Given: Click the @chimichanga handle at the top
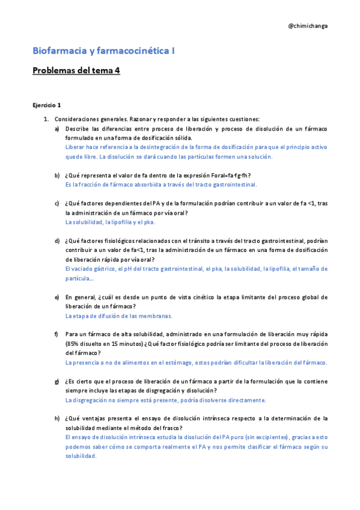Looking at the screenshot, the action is pyautogui.click(x=308, y=26).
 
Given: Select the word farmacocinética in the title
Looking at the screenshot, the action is pyautogui.click(x=133, y=51).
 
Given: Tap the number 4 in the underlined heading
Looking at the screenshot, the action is pyautogui.click(x=117, y=70).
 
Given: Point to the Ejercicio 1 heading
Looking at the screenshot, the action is pyautogui.click(x=47, y=105).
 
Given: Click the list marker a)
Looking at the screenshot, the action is pyautogui.click(x=57, y=129).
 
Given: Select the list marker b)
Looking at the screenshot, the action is pyautogui.click(x=57, y=175).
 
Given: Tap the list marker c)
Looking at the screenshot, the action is pyautogui.click(x=57, y=203).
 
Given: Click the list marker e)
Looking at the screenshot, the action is pyautogui.click(x=57, y=297).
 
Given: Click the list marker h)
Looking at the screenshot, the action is pyautogui.click(x=57, y=419).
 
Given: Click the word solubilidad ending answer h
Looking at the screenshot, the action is pyautogui.click(x=81, y=456).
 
